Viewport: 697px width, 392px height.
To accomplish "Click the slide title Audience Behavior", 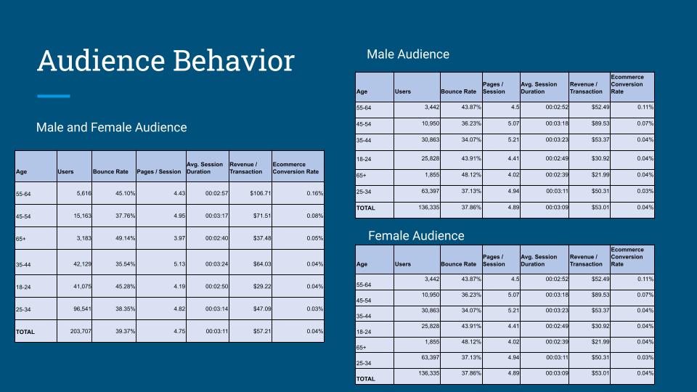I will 166,61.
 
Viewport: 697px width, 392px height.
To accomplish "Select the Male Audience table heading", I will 408,54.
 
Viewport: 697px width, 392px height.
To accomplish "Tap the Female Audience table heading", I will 416,236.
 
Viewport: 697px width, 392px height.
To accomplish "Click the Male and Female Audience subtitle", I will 111,128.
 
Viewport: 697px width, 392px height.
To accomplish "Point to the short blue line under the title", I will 53,96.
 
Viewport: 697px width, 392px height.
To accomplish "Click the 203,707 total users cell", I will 74,331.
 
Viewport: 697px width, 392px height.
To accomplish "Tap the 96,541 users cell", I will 74,309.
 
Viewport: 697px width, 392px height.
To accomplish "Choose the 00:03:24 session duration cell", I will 207,264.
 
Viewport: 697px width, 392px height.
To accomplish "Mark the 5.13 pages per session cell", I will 160,264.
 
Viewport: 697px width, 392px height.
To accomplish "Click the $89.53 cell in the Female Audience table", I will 589,295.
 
